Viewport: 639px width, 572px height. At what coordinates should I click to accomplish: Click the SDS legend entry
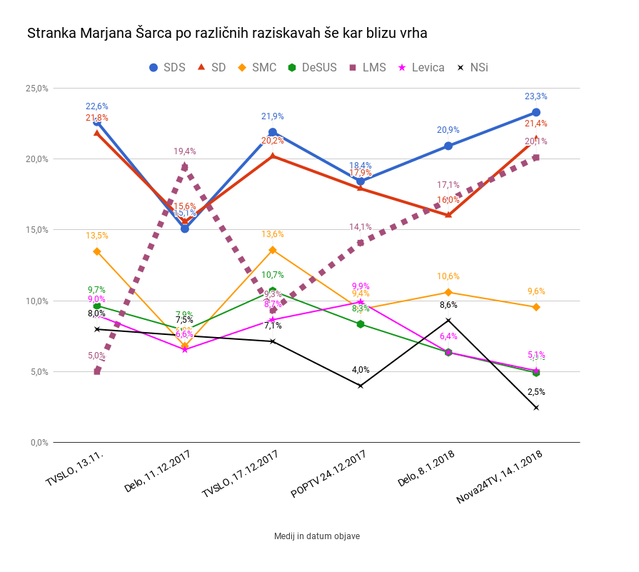click(x=166, y=67)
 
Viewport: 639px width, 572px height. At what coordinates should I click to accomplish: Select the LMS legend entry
click(x=366, y=67)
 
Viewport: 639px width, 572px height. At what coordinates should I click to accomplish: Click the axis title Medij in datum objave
click(x=316, y=536)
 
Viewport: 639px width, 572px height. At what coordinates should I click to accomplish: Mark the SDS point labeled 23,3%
click(x=535, y=112)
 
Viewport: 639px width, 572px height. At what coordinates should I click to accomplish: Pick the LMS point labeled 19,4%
click(x=185, y=167)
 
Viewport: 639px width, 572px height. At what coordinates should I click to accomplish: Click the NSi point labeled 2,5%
click(x=535, y=407)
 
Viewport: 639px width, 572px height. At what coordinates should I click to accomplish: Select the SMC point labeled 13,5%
click(x=97, y=251)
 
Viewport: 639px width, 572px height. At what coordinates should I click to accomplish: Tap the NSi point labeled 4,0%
click(x=361, y=386)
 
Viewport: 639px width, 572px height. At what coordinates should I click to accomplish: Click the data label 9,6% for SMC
click(x=535, y=291)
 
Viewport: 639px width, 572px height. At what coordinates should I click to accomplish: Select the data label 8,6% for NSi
click(x=448, y=305)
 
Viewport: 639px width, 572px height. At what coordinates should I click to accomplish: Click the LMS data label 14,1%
click(x=361, y=227)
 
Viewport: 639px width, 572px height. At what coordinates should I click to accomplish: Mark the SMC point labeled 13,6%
click(x=273, y=250)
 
